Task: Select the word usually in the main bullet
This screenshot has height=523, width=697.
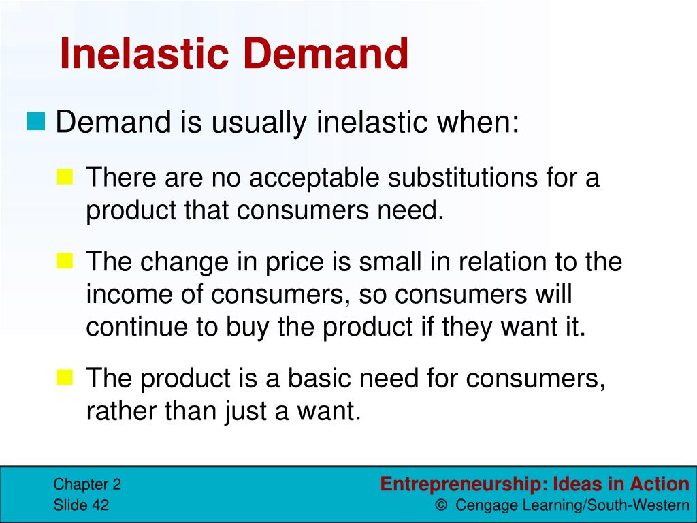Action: point(259,123)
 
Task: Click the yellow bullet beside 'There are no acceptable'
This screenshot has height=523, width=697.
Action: point(65,178)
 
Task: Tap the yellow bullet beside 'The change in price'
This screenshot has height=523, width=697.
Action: point(65,259)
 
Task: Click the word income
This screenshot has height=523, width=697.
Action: point(124,295)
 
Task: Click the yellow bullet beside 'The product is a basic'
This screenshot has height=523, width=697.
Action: point(65,377)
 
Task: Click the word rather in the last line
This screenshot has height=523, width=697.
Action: point(117,411)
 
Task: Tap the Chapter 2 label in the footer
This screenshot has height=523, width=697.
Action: point(87,485)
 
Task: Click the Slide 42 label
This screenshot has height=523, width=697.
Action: point(81,505)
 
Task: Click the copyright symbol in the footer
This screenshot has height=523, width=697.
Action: point(442,506)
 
